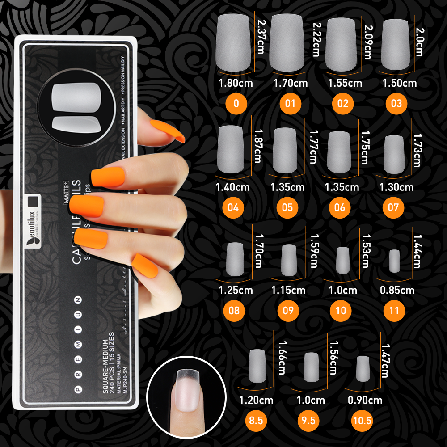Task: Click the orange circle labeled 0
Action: click(x=236, y=104)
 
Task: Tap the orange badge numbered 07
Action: click(x=393, y=207)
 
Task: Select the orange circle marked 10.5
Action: click(x=362, y=420)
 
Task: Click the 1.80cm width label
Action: click(x=236, y=83)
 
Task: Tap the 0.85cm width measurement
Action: click(x=397, y=291)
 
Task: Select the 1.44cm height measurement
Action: click(x=417, y=251)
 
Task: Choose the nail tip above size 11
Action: click(x=394, y=261)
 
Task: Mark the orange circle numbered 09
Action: click(x=288, y=311)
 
